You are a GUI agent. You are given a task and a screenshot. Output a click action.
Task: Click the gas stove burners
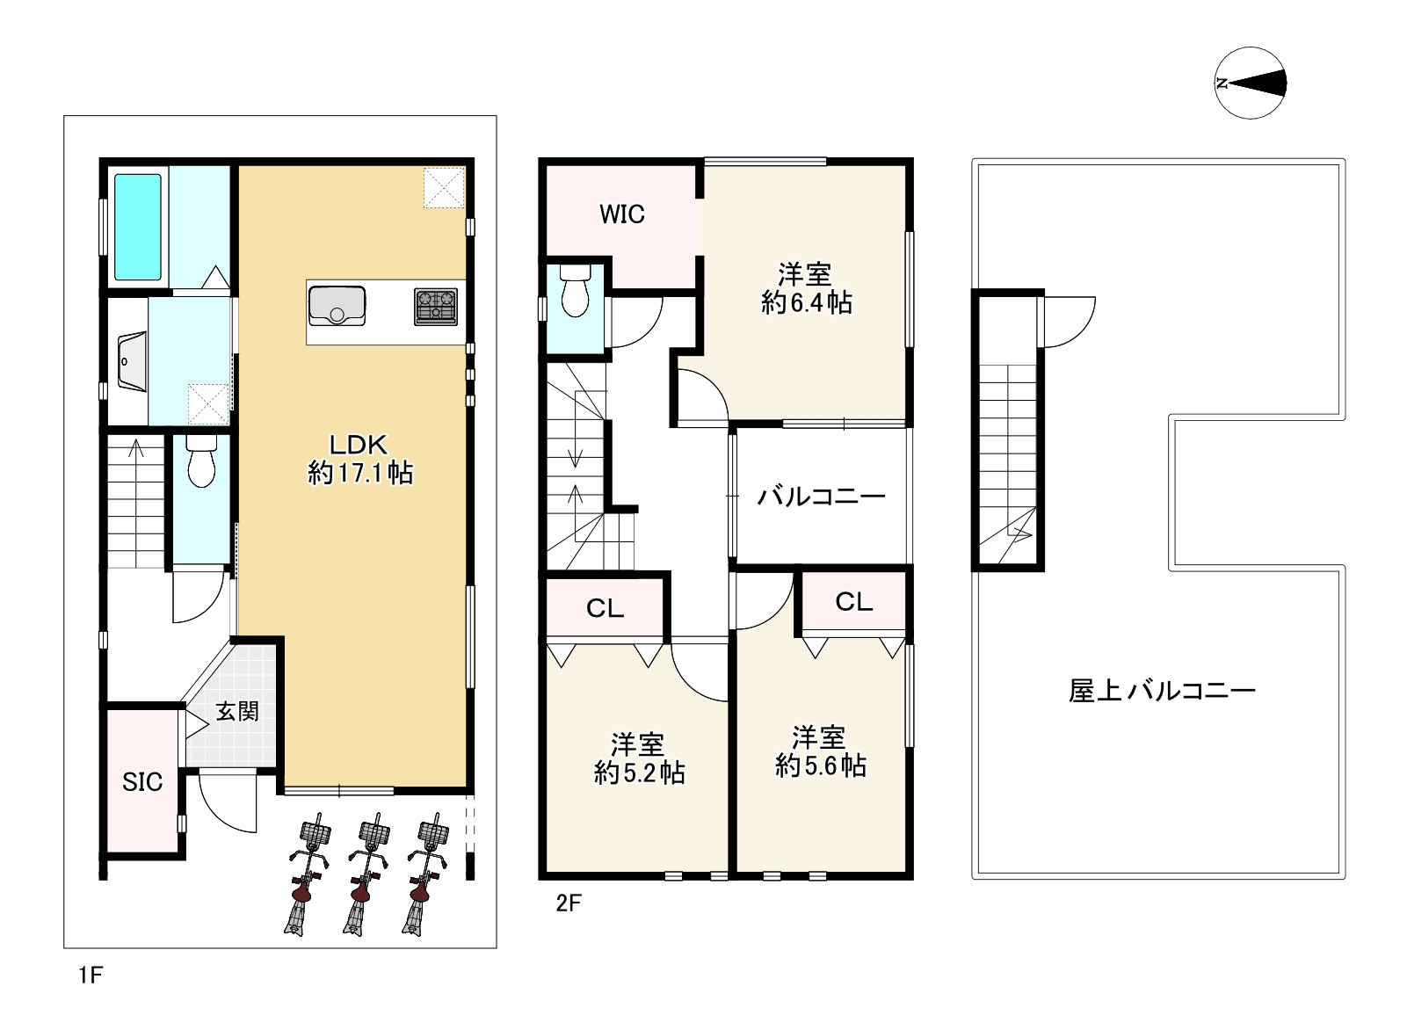(436, 306)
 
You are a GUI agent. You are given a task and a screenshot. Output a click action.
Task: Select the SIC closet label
(142, 781)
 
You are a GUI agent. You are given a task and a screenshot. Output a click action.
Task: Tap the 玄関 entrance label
(237, 711)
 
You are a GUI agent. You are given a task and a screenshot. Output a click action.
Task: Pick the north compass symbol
(1251, 83)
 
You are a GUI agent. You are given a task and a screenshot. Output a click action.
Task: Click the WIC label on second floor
(622, 214)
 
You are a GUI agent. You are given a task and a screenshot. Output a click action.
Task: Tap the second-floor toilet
(576, 289)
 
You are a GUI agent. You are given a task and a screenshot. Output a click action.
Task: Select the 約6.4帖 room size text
(806, 304)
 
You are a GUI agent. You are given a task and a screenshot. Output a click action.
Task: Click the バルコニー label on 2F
(821, 497)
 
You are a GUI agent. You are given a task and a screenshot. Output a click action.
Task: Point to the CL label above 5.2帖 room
(605, 608)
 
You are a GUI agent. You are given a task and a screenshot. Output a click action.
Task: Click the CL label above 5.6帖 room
(853, 602)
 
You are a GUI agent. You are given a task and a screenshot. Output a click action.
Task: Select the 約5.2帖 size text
(639, 773)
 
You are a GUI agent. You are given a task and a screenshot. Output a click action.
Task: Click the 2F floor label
(569, 903)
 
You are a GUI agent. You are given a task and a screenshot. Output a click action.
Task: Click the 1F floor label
(91, 975)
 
